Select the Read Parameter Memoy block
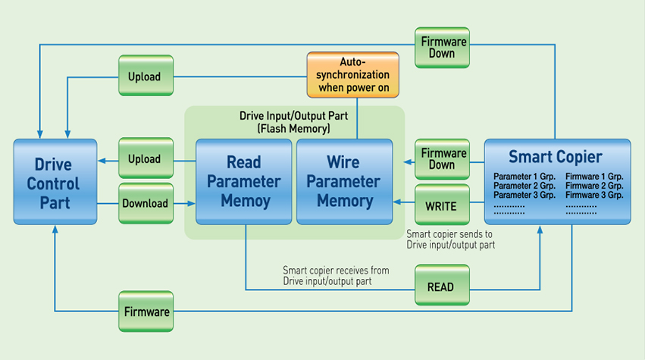[243, 182]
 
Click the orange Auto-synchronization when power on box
[352, 75]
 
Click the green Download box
[146, 203]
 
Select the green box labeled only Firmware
[146, 311]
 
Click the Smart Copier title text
[556, 158]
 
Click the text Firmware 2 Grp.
[594, 186]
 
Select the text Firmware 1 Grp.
[594, 176]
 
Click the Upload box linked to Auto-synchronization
[146, 76]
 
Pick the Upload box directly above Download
[146, 159]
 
